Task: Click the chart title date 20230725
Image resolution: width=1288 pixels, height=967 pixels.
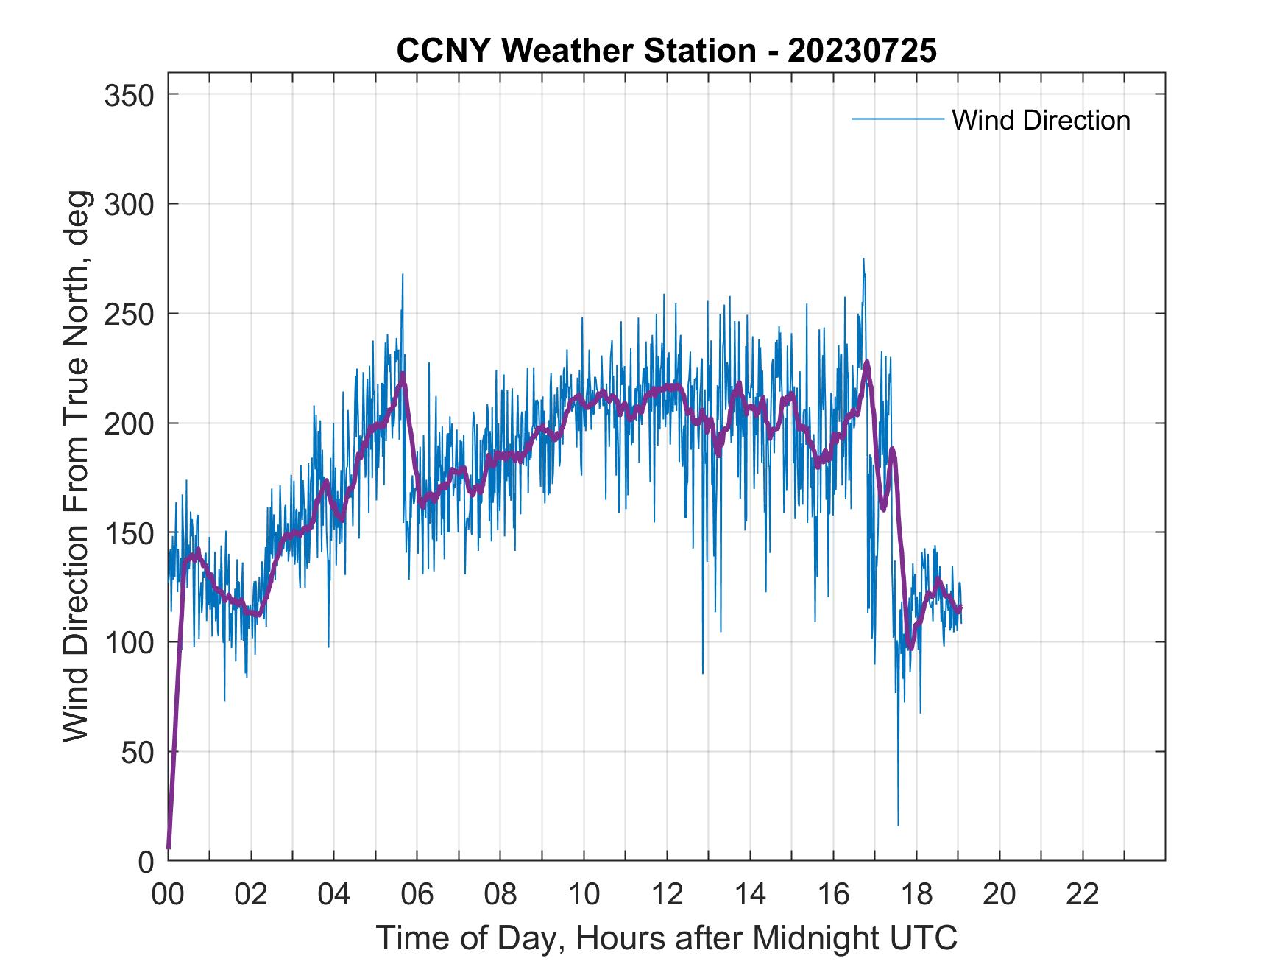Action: [x=862, y=52]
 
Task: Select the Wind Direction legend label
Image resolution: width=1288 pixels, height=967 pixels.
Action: [x=1041, y=120]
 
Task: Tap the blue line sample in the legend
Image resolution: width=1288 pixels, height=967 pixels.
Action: [x=897, y=119]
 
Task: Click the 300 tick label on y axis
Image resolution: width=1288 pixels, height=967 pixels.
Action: [x=128, y=204]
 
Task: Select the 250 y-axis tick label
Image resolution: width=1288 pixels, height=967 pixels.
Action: [x=128, y=314]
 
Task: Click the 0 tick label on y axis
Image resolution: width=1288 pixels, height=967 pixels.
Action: [x=146, y=861]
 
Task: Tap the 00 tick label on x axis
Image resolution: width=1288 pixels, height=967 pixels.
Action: [x=168, y=895]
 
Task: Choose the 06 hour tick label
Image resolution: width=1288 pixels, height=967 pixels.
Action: [x=417, y=895]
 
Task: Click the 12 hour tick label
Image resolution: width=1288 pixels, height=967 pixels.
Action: [x=667, y=895]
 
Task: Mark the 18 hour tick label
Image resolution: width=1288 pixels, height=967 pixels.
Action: [x=916, y=895]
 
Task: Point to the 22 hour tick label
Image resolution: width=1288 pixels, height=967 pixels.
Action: [x=1083, y=895]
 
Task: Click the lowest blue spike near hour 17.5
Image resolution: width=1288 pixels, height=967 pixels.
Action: [x=898, y=824]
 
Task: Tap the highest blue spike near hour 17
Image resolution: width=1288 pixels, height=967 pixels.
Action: [x=863, y=259]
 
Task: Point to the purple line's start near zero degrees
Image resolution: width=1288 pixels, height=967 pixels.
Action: [x=169, y=847]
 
